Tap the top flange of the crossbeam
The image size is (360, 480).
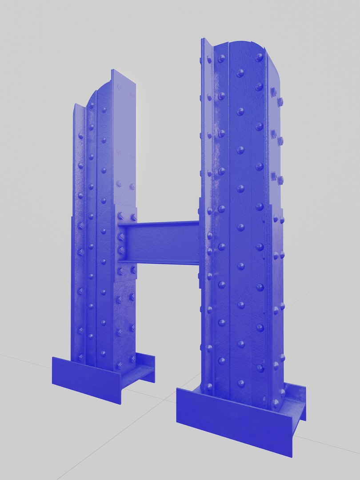click(x=160, y=224)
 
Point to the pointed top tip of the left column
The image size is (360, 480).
click(x=113, y=71)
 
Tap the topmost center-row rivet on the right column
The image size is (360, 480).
click(x=240, y=73)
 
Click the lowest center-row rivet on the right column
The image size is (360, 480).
click(x=241, y=383)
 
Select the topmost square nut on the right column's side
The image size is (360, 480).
click(x=273, y=92)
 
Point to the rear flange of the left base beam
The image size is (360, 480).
click(x=144, y=358)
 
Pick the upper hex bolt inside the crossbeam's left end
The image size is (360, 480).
click(x=121, y=237)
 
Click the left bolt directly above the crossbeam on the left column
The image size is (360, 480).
click(x=120, y=216)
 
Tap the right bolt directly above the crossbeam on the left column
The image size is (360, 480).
click(x=133, y=217)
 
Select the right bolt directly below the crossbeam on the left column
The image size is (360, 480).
click(x=133, y=270)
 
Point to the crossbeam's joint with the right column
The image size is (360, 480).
click(x=198, y=243)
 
